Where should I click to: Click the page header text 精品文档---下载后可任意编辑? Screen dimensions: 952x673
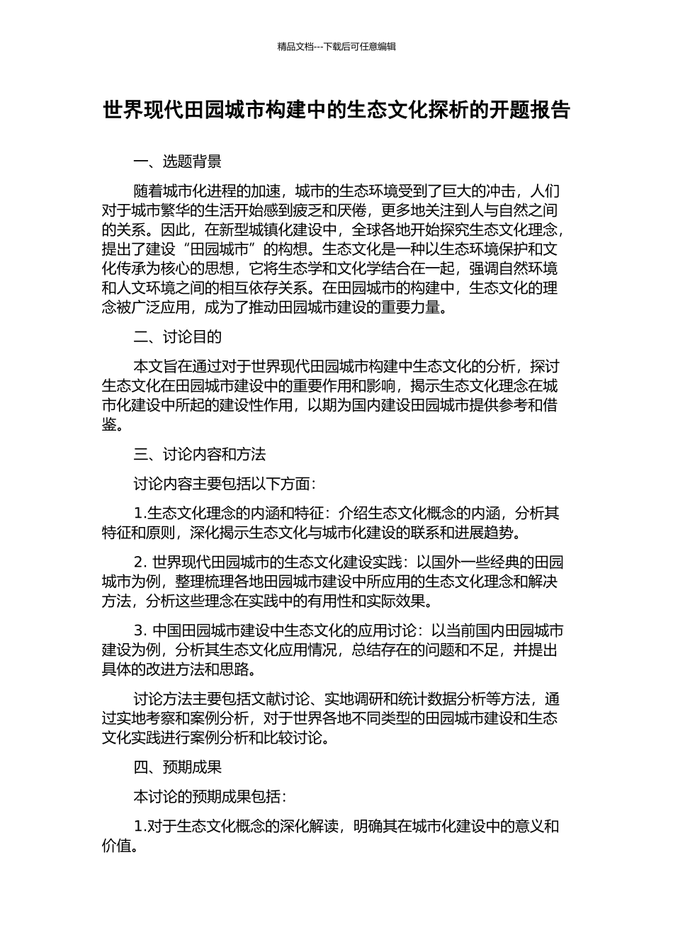pos(336,47)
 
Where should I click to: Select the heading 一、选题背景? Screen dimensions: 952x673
pos(178,161)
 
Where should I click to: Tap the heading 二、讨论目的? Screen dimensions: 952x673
pos(178,336)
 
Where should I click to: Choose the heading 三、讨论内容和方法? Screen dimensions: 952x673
pos(200,454)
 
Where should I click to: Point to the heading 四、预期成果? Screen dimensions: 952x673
pos(178,766)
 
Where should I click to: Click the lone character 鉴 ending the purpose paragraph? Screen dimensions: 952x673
pos(109,425)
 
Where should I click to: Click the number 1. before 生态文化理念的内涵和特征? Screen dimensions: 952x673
pos(140,513)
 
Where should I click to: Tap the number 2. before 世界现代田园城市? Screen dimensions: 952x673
pos(140,562)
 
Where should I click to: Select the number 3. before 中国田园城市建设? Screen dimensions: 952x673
pos(140,630)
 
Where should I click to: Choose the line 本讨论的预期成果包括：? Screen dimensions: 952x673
pos(210,796)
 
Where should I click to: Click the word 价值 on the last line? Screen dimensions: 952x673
pos(116,846)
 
